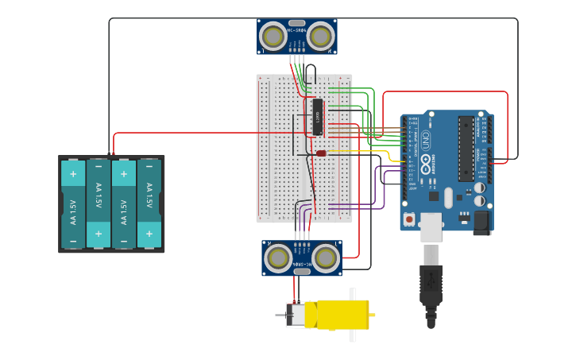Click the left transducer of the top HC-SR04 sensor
pos(273,37)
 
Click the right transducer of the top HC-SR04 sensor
pos(320,37)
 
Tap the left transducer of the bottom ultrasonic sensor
pos(278,257)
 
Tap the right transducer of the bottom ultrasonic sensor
pos(326,257)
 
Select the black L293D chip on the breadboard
pos(317,117)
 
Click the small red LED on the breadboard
pos(321,153)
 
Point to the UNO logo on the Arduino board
pos(426,141)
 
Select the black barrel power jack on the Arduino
pos(481,223)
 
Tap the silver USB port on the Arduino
pos(431,226)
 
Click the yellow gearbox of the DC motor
pos(342,314)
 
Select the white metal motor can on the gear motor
pos(296,315)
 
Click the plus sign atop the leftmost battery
pos(73,174)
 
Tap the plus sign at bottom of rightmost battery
pos(149,234)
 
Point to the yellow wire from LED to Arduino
pos(365,151)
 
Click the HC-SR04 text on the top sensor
pos(296,30)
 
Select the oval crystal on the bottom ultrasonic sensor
pos(302,271)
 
